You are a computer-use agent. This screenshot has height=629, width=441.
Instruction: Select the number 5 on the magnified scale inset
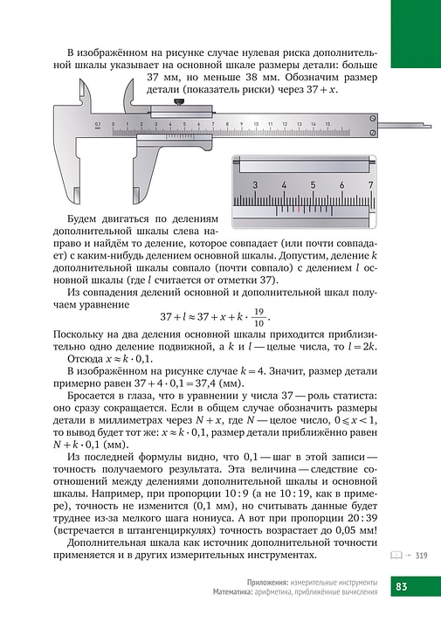(x=313, y=185)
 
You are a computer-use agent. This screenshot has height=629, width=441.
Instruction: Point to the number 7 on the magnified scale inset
(x=371, y=185)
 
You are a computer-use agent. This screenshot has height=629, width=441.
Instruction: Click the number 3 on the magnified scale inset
(x=255, y=185)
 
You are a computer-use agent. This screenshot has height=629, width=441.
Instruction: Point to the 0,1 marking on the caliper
(x=99, y=125)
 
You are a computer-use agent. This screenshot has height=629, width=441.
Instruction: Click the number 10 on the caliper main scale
(x=256, y=125)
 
